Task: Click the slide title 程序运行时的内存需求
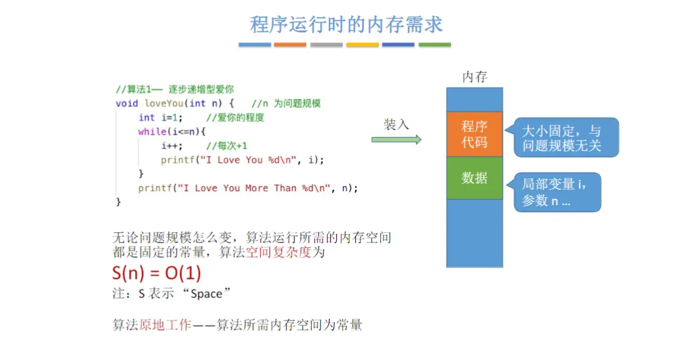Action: (x=346, y=24)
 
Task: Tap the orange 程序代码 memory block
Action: (x=474, y=134)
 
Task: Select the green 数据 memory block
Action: (x=474, y=177)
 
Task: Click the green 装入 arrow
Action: (x=396, y=139)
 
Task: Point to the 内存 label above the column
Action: (x=475, y=76)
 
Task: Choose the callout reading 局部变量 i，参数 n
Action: (x=558, y=192)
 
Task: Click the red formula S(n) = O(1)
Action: (x=157, y=273)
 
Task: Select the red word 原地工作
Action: (x=165, y=324)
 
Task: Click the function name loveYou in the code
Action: (x=164, y=104)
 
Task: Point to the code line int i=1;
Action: (x=160, y=117)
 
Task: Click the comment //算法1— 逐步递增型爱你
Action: (x=175, y=89)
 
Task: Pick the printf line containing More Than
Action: (x=248, y=188)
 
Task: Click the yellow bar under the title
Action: (x=363, y=45)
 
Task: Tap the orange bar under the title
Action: (x=290, y=45)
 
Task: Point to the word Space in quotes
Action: (x=206, y=294)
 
